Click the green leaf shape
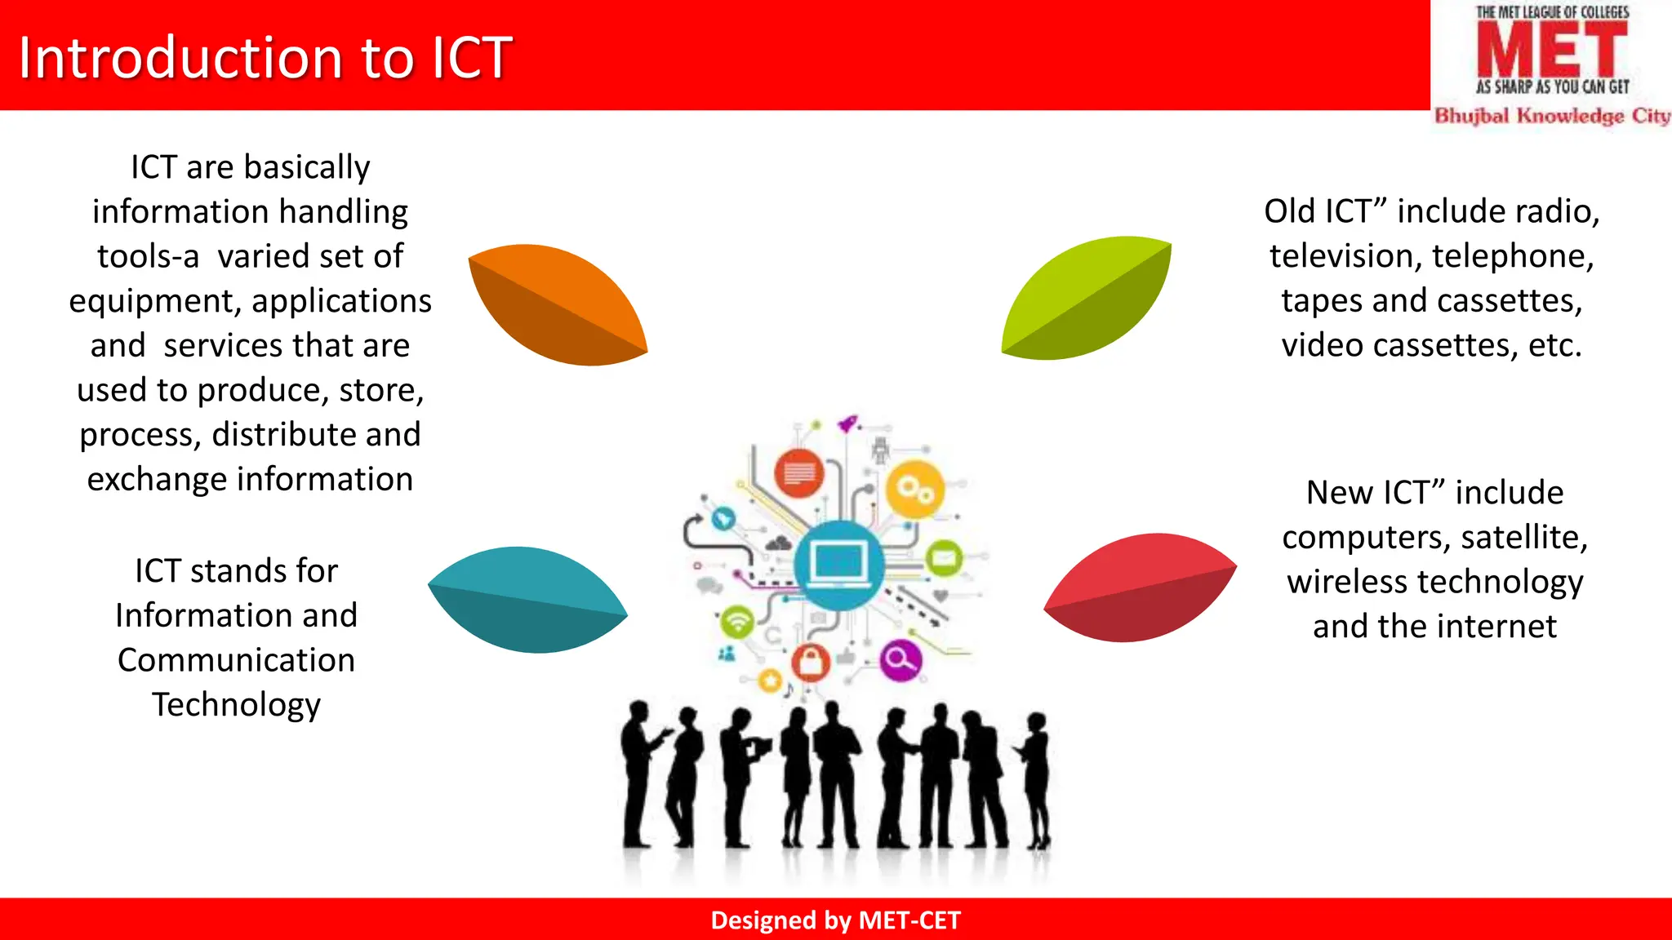point(1087,298)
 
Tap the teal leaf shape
point(527,600)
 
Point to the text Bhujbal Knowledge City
point(1552,116)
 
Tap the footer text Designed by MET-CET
point(835,920)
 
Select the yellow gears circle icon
point(914,490)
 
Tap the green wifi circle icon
point(737,623)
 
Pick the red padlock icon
point(810,662)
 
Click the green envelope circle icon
point(944,559)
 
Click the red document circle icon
point(798,472)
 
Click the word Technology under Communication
point(236,704)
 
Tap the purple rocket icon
point(848,423)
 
